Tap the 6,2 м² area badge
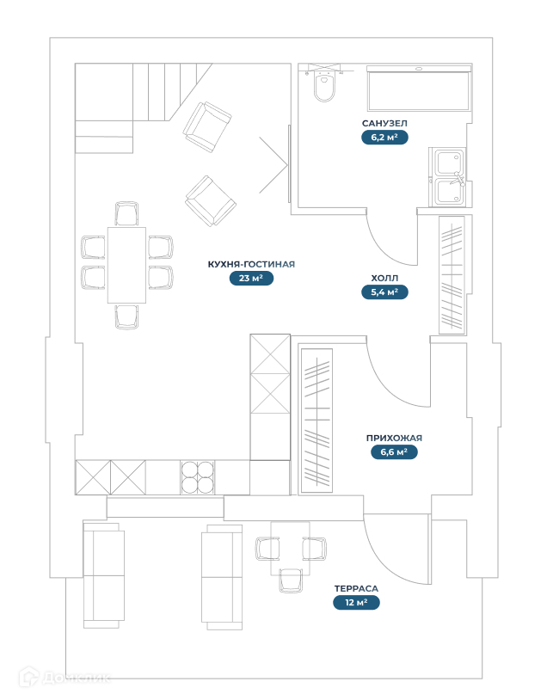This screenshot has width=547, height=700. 384,137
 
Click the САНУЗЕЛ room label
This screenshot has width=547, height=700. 384,124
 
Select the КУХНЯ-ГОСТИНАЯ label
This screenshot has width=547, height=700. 251,265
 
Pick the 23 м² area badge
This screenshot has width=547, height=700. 251,278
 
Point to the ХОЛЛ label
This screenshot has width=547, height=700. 384,279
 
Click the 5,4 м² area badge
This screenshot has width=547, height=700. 384,292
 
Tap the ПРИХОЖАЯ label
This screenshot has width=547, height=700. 394,438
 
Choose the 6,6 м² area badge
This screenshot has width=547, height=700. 394,451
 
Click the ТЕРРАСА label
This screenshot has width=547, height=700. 356,589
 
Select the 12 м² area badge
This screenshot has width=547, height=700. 356,603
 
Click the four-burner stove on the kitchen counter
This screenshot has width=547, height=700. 198,477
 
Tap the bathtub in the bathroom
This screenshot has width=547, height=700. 419,89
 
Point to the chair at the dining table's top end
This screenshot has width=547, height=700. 126,213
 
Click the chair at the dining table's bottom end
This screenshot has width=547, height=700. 126,316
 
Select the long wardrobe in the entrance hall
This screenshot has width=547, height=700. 316,421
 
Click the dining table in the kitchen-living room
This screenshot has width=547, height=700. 126,265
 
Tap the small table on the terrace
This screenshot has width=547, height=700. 291,548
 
